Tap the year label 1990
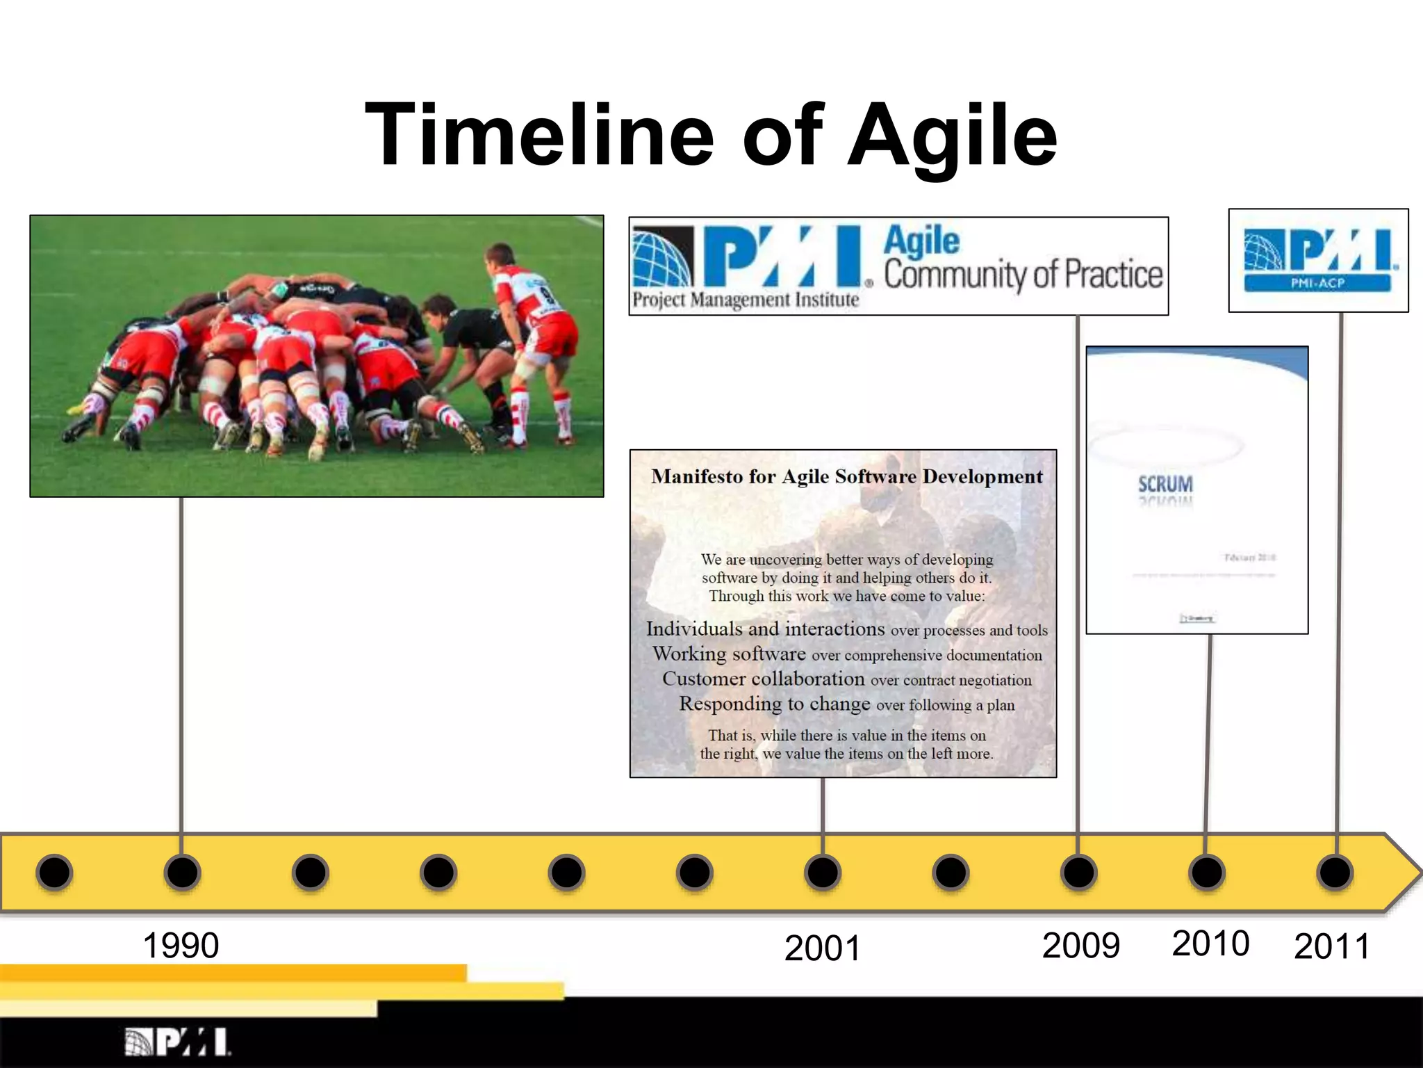click(181, 946)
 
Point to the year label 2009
click(1080, 946)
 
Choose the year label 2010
click(1210, 944)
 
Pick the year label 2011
click(1331, 946)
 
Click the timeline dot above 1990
click(182, 872)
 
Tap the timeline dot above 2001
click(823, 872)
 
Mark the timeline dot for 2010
click(1206, 872)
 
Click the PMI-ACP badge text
click(1317, 283)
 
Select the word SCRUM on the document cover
click(1165, 484)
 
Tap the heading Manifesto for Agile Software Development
click(846, 477)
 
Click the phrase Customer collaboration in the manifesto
click(763, 679)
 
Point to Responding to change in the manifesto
click(774, 704)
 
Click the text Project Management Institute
click(746, 300)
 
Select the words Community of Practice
click(1023, 275)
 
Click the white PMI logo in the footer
click(178, 1042)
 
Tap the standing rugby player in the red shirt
click(535, 327)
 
